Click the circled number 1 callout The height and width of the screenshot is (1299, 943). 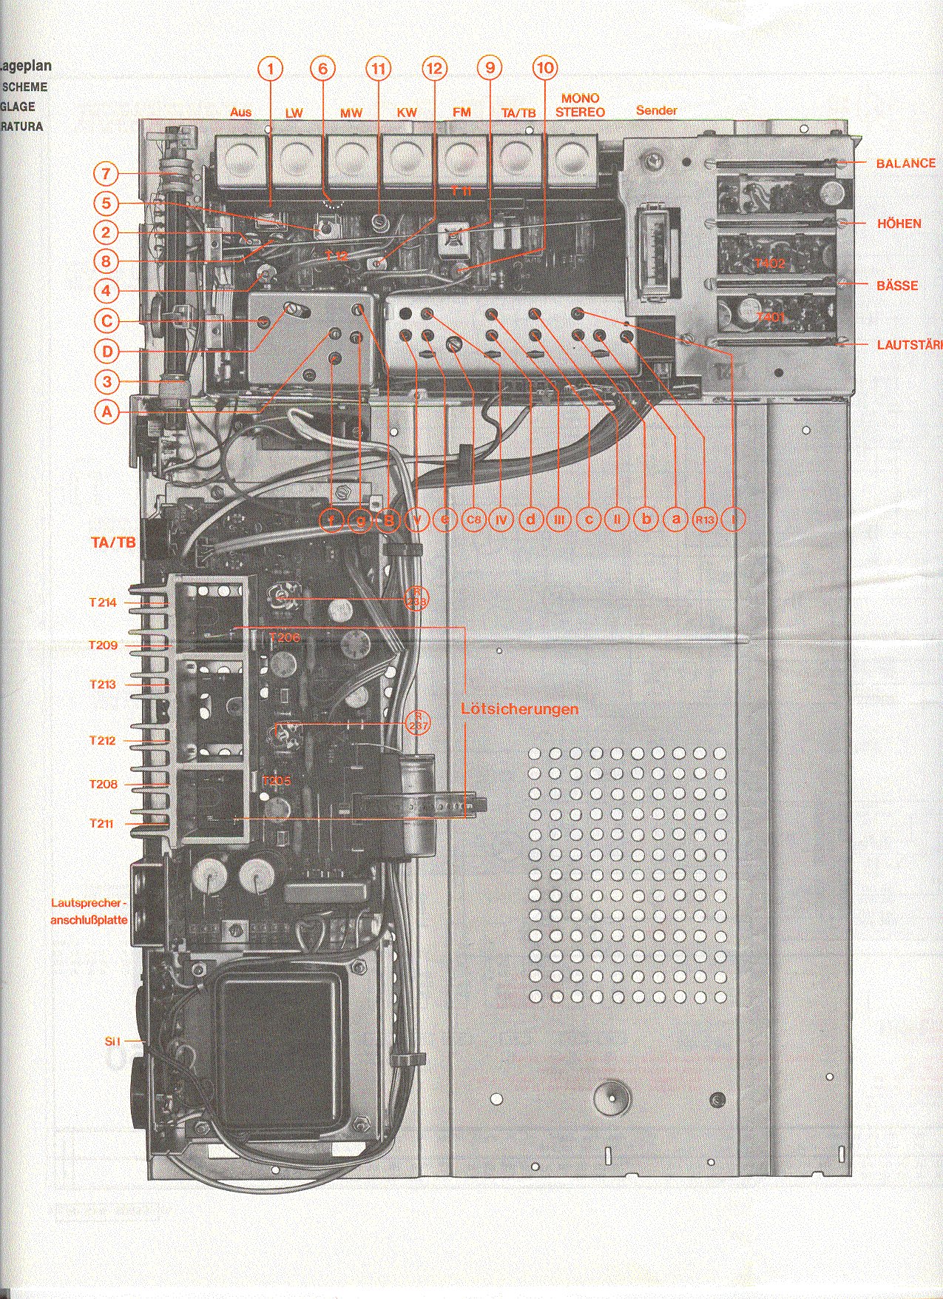[271, 69]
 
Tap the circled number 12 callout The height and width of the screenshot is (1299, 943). [435, 69]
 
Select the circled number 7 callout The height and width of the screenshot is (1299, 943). [107, 175]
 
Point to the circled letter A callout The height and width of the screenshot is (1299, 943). [108, 412]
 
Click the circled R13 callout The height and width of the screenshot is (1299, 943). [705, 520]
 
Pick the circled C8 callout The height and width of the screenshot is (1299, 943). [473, 520]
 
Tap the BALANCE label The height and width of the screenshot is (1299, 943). [905, 164]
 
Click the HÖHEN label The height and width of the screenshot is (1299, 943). [899, 224]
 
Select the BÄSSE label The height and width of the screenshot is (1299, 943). [897, 286]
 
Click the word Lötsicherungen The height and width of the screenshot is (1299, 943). [519, 709]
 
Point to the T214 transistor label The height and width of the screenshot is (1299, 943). [103, 602]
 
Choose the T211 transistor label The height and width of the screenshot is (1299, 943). [101, 823]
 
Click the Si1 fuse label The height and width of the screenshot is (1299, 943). [112, 1041]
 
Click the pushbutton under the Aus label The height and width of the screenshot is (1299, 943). [241, 158]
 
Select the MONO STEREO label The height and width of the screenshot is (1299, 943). [580, 105]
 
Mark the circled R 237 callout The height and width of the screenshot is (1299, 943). [417, 722]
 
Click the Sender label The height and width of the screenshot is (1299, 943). [656, 110]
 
